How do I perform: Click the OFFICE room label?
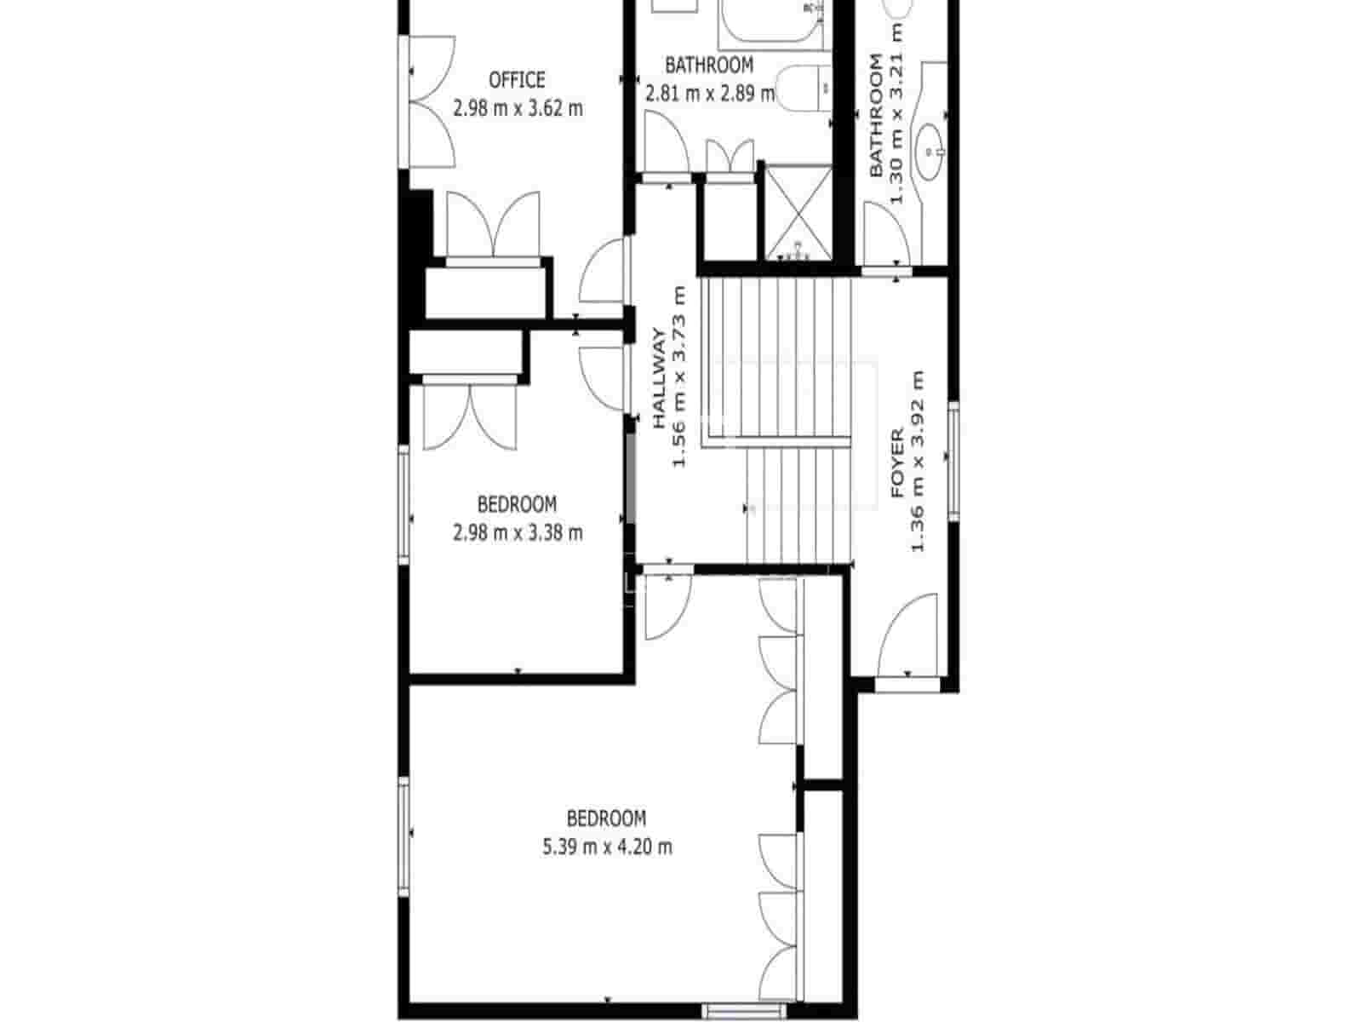point(517,80)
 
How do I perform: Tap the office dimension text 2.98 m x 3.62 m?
point(518,108)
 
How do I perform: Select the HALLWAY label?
point(660,378)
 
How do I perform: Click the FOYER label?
point(897,463)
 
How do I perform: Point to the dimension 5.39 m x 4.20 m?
point(607,847)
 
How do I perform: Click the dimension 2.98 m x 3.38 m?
point(518,533)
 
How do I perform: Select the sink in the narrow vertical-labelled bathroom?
point(930,151)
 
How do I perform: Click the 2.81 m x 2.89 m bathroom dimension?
point(710,93)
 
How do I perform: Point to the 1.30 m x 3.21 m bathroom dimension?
point(896,115)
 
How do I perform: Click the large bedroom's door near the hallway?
point(667,606)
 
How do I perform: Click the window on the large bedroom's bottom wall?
point(731,1011)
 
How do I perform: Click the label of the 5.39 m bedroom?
point(606,818)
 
